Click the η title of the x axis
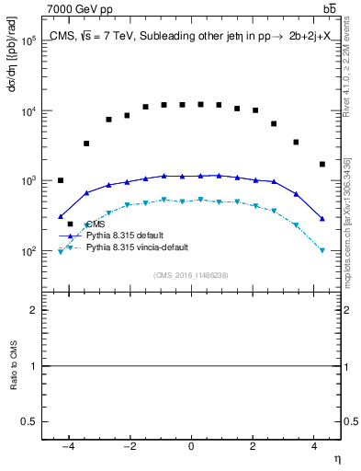click(337, 458)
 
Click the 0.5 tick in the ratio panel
click(30, 420)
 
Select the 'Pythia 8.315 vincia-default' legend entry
click(139, 248)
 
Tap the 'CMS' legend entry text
click(96, 224)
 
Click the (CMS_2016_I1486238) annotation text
click(190, 275)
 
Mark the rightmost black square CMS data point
click(322, 165)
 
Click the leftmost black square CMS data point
click(61, 180)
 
